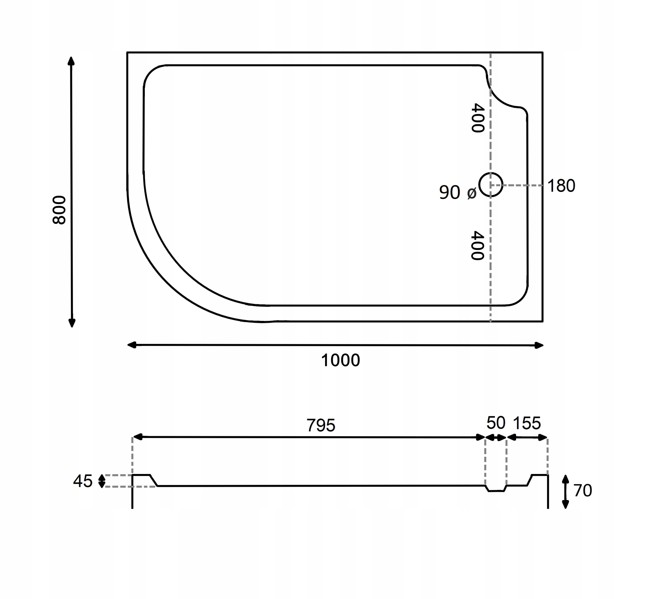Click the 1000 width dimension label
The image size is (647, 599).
[x=340, y=360]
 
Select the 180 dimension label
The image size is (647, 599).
[x=561, y=186]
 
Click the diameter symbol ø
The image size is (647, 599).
[x=472, y=193]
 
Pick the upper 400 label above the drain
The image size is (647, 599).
[x=477, y=118]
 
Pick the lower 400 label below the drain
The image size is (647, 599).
[x=477, y=245]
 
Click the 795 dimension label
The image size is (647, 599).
[x=321, y=425]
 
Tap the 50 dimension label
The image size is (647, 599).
[x=496, y=423]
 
